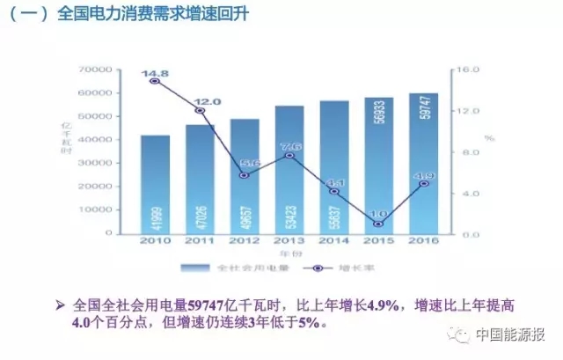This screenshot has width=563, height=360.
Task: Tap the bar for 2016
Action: coord(423,164)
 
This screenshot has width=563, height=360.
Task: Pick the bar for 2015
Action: coord(378,165)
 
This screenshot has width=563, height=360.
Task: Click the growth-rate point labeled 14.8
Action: coord(155,81)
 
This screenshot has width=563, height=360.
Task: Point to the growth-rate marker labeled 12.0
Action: coord(200,110)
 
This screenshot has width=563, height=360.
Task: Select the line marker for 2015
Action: coord(378,224)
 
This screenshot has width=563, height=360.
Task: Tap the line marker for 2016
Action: coord(423,184)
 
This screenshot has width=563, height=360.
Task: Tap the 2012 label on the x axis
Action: coord(245,240)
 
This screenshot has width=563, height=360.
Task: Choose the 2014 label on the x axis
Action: coord(333,240)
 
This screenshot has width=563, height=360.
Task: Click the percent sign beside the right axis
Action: coord(490,139)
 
